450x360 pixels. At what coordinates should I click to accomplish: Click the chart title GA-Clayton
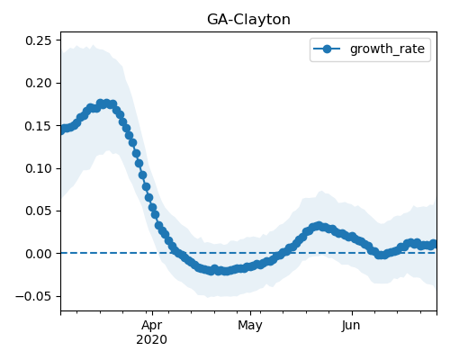tap(248, 20)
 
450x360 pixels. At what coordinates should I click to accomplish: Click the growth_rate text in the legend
tap(387, 49)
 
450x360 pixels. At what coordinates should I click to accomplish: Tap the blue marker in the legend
tap(327, 49)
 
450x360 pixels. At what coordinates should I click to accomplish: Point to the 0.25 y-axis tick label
tap(39, 40)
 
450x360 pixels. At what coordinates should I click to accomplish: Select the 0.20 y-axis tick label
tap(39, 83)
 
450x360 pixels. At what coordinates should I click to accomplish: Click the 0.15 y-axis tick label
tap(39, 126)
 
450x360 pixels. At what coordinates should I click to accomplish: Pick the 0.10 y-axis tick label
tap(39, 168)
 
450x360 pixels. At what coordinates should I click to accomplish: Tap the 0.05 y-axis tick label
tap(39, 211)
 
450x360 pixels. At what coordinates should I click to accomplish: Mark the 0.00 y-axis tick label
tap(39, 254)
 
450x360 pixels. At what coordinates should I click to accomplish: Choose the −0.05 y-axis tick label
tap(33, 296)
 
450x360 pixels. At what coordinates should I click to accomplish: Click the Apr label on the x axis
tap(152, 326)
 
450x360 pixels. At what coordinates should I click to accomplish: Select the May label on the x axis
tap(250, 326)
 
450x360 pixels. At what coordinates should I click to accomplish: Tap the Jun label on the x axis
tap(351, 326)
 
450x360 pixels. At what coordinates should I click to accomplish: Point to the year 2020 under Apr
tap(152, 340)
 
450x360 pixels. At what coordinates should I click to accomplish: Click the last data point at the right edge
tap(433, 244)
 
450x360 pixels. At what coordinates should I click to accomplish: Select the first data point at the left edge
tap(61, 130)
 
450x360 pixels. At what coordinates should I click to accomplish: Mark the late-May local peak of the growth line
tap(319, 226)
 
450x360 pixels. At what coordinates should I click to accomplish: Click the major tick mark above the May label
tap(250, 313)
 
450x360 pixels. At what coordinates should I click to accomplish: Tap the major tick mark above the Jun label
tap(352, 313)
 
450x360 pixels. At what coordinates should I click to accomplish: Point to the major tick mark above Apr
tap(152, 313)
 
